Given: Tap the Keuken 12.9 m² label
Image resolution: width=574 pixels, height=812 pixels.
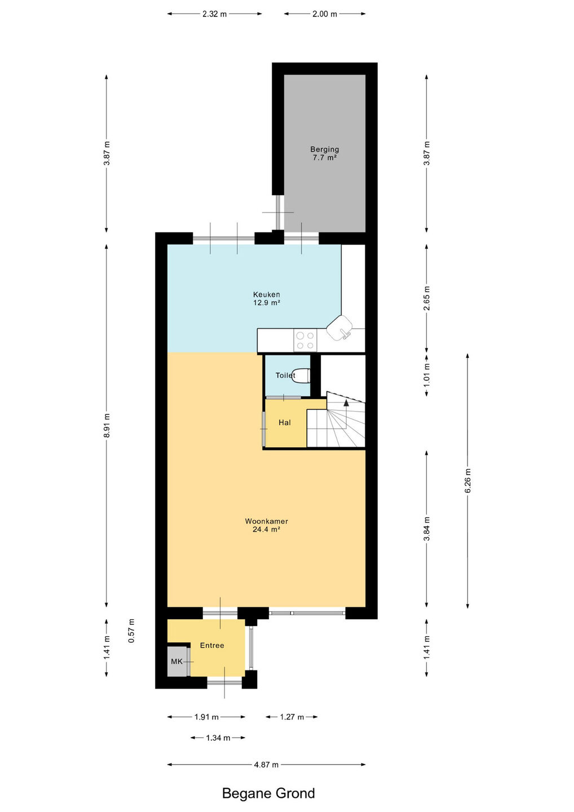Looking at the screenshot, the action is pos(266,298).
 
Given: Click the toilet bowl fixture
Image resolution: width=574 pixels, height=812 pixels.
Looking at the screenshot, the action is pos(302,376).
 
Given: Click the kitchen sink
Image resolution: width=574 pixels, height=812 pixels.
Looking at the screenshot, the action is pos(339,328).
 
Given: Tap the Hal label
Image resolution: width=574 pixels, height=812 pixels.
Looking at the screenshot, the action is pos(285,422).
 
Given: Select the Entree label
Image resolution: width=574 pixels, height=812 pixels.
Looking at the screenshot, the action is pos(212,645).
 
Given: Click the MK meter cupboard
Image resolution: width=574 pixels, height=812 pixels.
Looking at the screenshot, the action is pos(178,661).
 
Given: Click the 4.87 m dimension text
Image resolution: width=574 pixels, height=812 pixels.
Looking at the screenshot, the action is pos(266,765).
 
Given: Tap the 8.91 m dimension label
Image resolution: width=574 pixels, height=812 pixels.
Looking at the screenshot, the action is pos(107,425).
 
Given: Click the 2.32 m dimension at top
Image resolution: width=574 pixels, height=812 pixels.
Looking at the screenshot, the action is pos(214,14).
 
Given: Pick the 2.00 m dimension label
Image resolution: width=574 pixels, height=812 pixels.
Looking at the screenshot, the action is pos(325,14).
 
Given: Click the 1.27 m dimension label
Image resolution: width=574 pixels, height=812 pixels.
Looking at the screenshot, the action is pos(292,717).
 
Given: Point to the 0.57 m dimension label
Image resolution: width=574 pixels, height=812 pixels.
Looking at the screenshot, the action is pos(131,630).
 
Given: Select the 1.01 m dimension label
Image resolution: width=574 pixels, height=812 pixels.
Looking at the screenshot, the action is pos(426,375).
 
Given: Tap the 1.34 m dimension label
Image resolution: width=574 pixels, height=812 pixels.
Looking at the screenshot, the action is pos(218,738).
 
